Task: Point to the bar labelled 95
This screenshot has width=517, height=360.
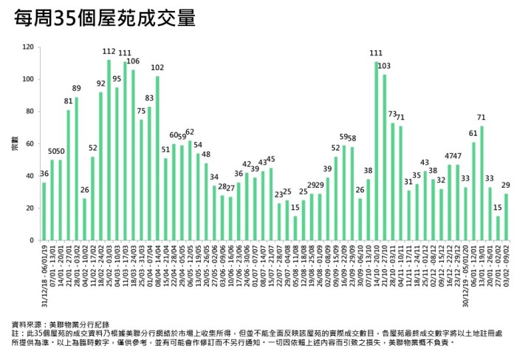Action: point(117,163)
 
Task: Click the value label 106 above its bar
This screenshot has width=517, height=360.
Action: point(133,62)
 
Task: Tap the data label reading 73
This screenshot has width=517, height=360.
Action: point(392,115)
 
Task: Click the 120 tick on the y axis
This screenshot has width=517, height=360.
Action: point(28,47)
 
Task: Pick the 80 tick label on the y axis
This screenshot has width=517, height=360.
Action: point(30,112)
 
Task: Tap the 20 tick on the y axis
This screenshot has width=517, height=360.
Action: point(30,208)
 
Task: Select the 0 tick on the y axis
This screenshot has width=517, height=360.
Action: point(32,240)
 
